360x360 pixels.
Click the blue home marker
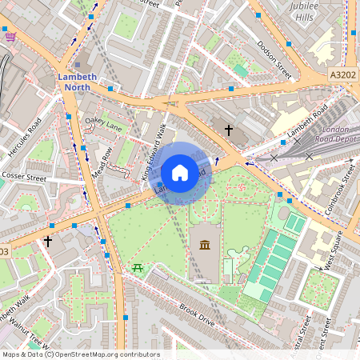click(x=180, y=172)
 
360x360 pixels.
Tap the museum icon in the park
click(x=203, y=245)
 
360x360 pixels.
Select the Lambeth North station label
click(x=78, y=82)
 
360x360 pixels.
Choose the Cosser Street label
click(x=25, y=177)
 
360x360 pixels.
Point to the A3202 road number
click(x=342, y=74)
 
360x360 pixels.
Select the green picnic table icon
click(x=138, y=266)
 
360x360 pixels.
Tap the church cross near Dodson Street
click(x=228, y=129)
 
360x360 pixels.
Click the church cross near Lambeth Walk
click(x=47, y=240)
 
